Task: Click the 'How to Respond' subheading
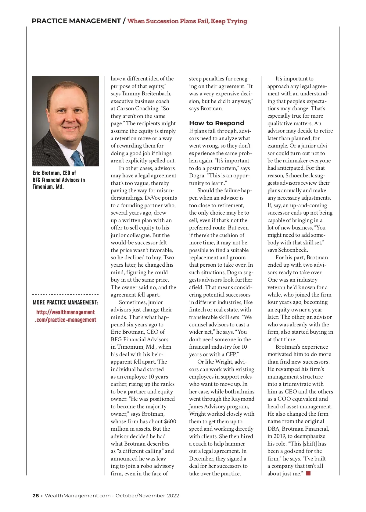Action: [217, 123]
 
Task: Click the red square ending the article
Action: [308, 473]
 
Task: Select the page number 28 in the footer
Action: [36, 496]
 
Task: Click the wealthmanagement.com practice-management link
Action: [66, 316]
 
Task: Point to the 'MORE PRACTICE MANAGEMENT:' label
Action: [65, 302]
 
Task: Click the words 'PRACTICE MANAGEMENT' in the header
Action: [76, 21]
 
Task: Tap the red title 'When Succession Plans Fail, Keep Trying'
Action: [187, 21]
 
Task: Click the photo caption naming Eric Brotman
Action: [59, 180]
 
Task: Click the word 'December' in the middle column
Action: [201, 459]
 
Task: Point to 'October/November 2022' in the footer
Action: [147, 496]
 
